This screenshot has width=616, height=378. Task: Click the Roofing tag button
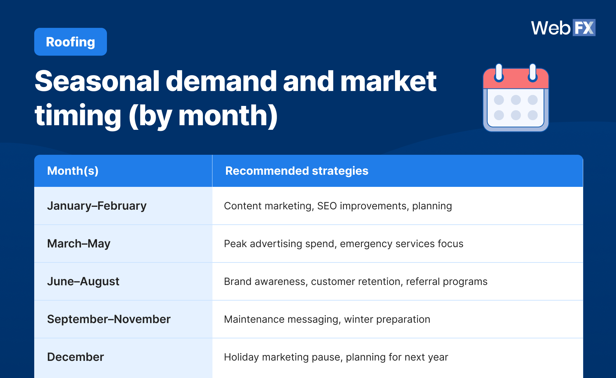coord(70,42)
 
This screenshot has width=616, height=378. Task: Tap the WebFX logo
coord(563,28)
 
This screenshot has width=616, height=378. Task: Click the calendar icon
coord(515,99)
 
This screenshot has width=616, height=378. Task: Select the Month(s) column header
coord(73,171)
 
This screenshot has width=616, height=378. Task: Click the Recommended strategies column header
coord(297,171)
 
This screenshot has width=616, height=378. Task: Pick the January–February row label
coord(97,206)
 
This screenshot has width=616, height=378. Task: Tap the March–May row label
coord(79,244)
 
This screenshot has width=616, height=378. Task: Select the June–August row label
coord(83,281)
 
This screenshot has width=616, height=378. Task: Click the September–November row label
coord(109,319)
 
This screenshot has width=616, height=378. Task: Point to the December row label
coord(75,357)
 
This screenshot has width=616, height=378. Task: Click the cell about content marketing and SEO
coord(338,206)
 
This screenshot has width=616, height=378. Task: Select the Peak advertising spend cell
coord(343,244)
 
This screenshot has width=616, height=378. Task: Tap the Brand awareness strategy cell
coord(355,281)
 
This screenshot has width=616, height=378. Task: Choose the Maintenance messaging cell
coord(327,319)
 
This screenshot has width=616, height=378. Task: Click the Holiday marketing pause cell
coord(336,357)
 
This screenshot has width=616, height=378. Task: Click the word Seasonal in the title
coord(97,81)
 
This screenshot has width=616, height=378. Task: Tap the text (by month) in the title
coord(203,116)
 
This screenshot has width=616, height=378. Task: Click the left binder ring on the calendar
coord(499,72)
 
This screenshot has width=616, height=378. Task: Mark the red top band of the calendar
coord(515,80)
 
